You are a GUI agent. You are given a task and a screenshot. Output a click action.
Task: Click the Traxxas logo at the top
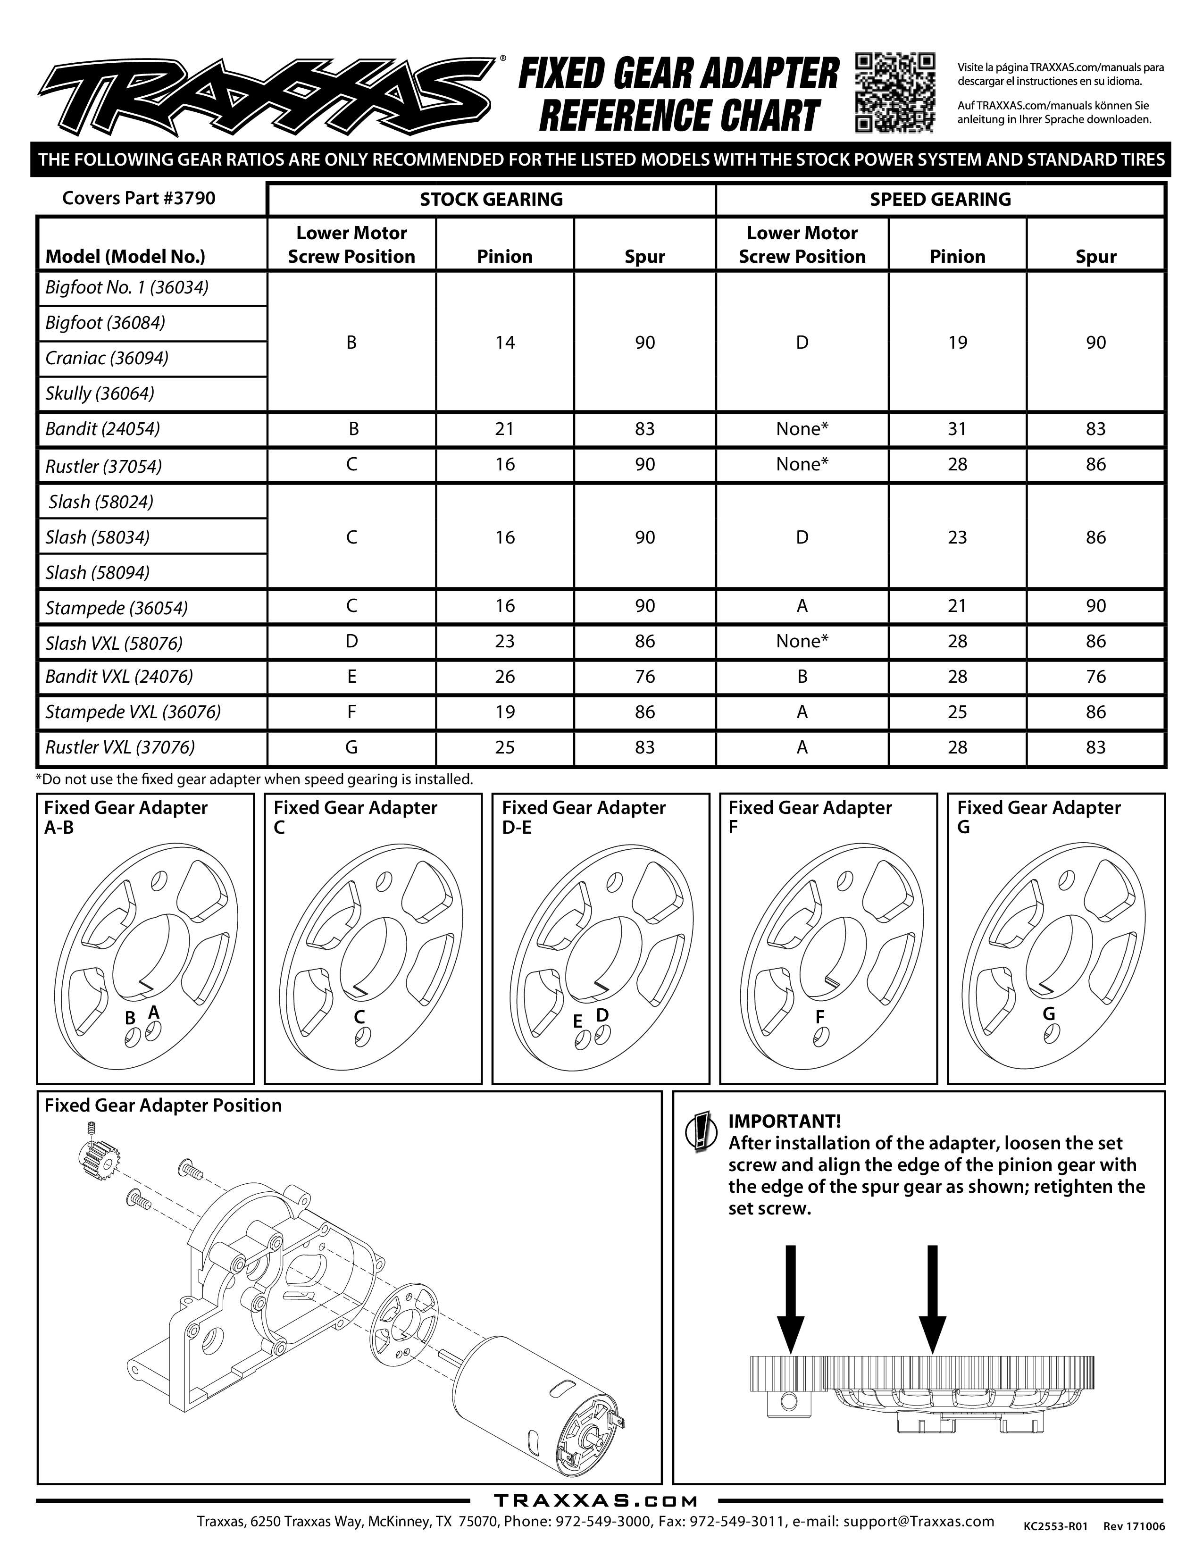click(x=267, y=95)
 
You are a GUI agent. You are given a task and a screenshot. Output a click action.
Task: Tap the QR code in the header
click(x=894, y=92)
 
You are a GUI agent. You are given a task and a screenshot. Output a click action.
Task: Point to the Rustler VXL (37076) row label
click(x=120, y=747)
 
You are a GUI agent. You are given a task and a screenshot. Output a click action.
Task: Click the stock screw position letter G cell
click(x=351, y=747)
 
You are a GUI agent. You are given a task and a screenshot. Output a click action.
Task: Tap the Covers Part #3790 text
click(x=139, y=198)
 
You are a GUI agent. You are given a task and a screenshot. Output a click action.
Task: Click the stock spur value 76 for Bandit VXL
click(x=644, y=677)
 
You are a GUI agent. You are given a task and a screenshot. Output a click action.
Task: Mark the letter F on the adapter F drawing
click(x=819, y=1017)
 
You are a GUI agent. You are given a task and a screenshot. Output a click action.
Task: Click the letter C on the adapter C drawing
click(x=359, y=1017)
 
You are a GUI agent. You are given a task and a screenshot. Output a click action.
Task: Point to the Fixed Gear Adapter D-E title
click(x=583, y=817)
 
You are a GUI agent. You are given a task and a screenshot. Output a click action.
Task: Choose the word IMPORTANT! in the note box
click(x=784, y=1122)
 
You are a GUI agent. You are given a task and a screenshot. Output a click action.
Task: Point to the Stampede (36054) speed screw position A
click(x=802, y=606)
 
